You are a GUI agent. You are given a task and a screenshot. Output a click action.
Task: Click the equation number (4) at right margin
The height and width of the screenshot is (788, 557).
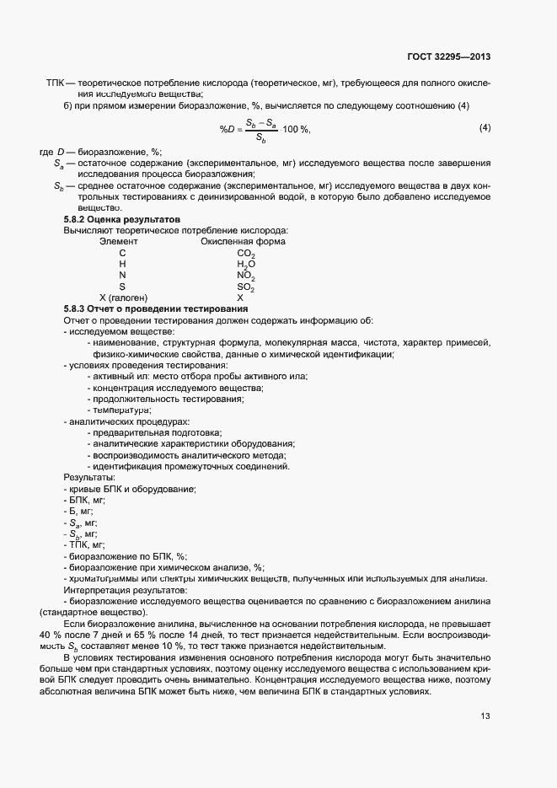tap(485, 127)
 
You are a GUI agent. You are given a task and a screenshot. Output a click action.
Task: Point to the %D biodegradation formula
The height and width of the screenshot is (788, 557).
tap(265, 129)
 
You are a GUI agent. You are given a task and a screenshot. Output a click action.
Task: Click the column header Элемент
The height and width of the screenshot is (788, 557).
tap(118, 242)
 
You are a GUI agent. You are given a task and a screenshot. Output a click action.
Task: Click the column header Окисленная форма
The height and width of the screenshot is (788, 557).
tap(243, 242)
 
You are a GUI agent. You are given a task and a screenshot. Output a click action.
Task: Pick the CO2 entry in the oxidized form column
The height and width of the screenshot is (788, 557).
tap(246, 254)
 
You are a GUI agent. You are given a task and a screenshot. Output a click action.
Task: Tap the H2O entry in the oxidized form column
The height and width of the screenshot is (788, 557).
tap(246, 265)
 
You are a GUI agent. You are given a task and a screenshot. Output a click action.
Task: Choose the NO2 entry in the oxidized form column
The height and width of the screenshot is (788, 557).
tap(246, 276)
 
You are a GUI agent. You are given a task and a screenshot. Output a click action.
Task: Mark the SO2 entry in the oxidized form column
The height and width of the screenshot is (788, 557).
tap(246, 287)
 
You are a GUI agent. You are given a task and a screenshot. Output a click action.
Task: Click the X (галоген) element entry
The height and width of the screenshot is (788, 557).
tap(124, 298)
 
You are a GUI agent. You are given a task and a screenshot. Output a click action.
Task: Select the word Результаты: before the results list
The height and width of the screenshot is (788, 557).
tap(89, 478)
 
